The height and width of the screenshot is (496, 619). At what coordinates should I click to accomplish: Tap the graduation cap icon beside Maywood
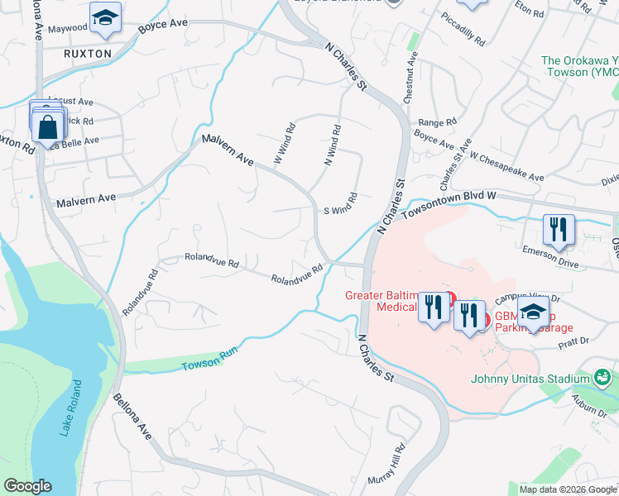[105, 20]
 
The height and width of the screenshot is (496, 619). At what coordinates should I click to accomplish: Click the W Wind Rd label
[285, 143]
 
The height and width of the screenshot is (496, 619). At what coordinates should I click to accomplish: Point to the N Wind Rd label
[331, 145]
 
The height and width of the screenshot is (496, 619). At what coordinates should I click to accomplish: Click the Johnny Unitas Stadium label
[531, 379]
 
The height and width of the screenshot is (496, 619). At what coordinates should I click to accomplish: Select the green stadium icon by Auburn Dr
[604, 379]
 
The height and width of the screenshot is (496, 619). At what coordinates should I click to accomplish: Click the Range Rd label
[438, 122]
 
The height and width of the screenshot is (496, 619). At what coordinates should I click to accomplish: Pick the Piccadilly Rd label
[463, 28]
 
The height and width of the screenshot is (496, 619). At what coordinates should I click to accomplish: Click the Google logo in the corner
[28, 486]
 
